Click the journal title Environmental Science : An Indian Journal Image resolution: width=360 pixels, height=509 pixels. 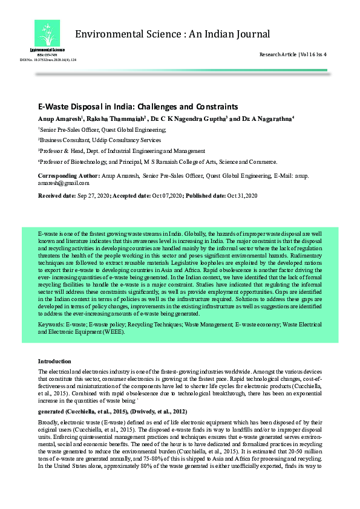[x=172, y=34]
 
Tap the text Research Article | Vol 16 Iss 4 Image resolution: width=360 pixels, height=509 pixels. [x=293, y=54]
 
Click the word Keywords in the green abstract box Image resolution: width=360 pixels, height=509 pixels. [x=50, y=325]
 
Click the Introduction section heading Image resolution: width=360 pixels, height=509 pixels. [x=54, y=360]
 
